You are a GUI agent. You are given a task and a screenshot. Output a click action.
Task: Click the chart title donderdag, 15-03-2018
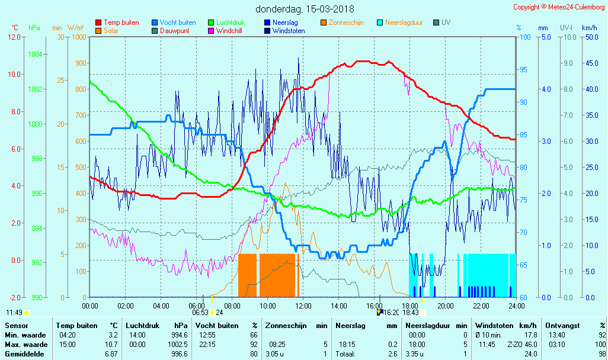305,9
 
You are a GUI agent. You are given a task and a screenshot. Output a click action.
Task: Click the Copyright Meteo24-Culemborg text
559,7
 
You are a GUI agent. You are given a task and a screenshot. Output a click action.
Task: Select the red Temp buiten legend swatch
98,22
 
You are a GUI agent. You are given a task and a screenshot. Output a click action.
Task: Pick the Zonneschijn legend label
346,22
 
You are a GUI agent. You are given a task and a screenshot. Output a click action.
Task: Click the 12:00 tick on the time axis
303,306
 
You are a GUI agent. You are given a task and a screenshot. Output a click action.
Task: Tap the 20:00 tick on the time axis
445,306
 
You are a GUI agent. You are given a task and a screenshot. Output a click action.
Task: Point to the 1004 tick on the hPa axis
36,54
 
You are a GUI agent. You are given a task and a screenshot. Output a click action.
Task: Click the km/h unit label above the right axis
589,28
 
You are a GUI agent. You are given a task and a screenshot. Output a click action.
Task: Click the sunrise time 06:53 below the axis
200,313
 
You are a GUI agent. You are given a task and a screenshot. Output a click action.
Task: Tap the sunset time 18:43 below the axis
411,313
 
